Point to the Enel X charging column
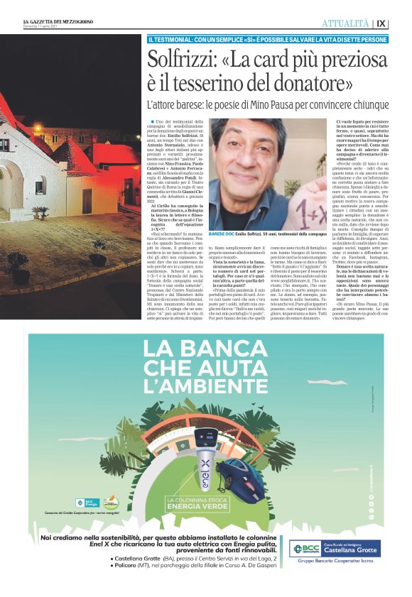click(x=201, y=461)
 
